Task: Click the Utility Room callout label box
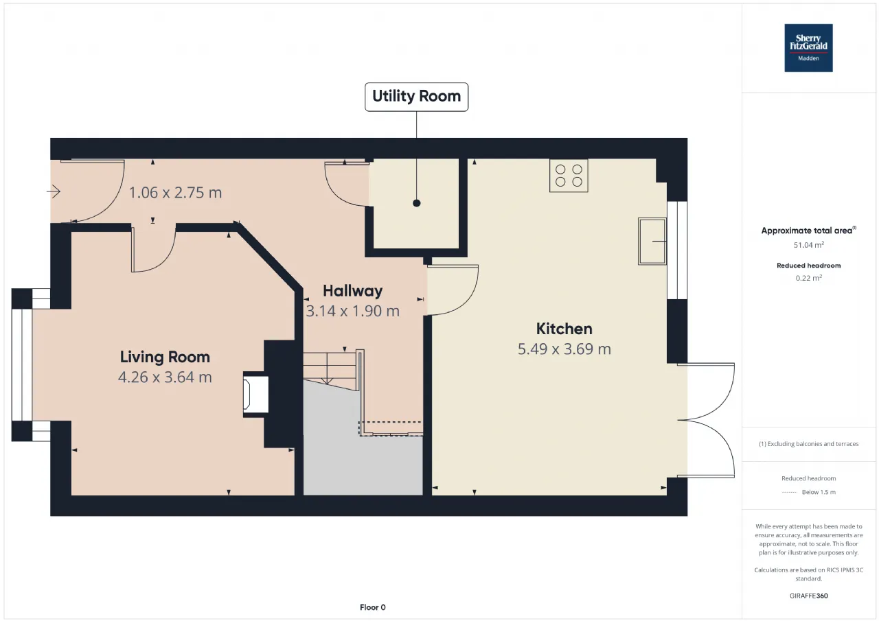click(416, 97)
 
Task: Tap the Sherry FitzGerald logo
click(808, 48)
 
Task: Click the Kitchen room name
click(564, 329)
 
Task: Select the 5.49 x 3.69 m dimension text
click(564, 349)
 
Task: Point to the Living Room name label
click(165, 357)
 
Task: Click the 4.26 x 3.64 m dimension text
click(165, 377)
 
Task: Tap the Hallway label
click(352, 291)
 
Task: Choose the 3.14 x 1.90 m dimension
click(352, 312)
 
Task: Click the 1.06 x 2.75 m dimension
click(175, 193)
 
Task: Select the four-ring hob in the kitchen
click(569, 176)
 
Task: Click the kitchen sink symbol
click(652, 242)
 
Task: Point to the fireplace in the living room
click(256, 395)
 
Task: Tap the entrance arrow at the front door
click(54, 191)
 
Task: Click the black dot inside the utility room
click(417, 203)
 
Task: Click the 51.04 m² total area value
click(808, 245)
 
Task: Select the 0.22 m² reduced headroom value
click(808, 278)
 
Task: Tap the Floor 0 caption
click(372, 607)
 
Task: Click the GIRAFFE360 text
click(808, 596)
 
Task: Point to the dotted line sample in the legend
click(789, 492)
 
